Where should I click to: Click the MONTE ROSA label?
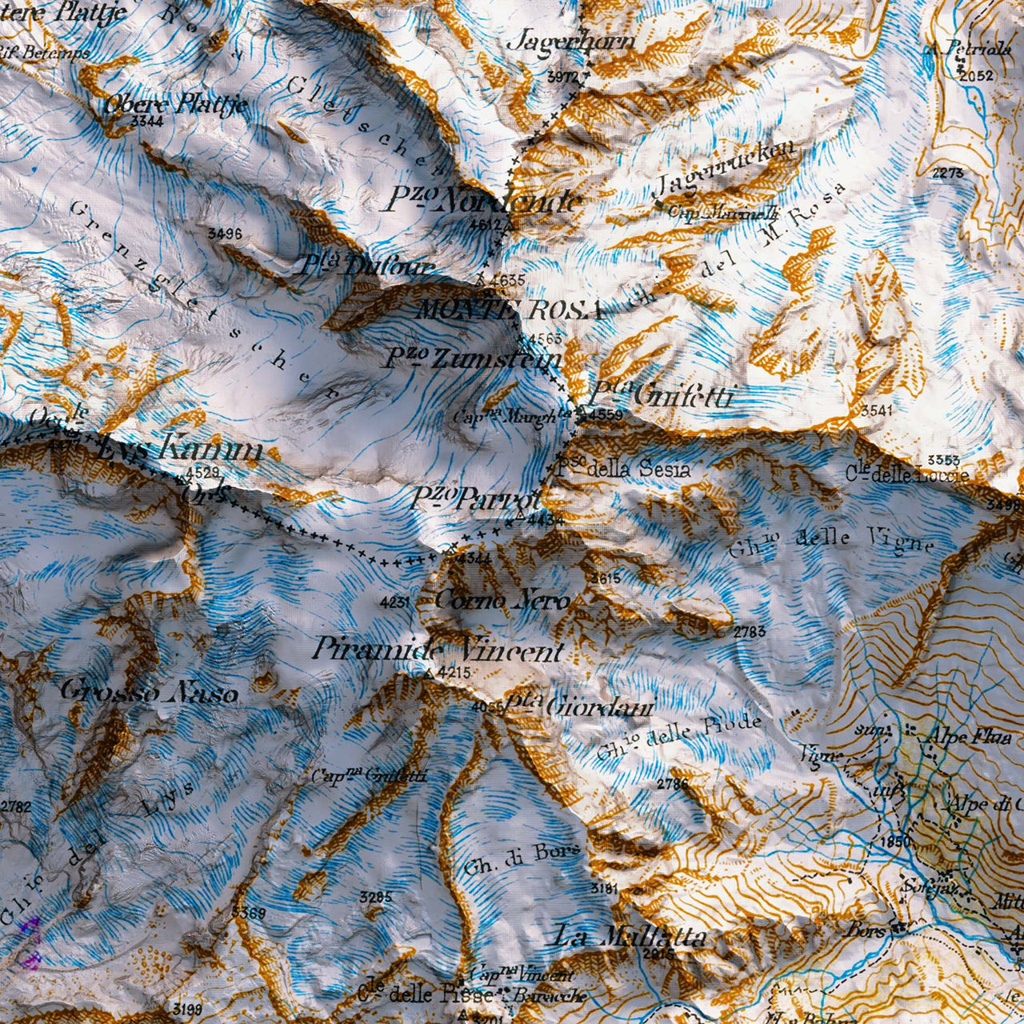(x=509, y=310)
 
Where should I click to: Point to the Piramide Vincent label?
(x=438, y=650)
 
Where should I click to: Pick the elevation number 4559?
(x=605, y=415)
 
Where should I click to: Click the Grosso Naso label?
(x=149, y=691)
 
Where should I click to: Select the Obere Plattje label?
(x=175, y=104)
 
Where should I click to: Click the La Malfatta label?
(x=629, y=936)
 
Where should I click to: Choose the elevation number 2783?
(x=750, y=632)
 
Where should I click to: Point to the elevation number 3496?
(x=224, y=234)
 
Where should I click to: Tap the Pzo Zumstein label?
(x=472, y=359)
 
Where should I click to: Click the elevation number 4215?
(x=454, y=673)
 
